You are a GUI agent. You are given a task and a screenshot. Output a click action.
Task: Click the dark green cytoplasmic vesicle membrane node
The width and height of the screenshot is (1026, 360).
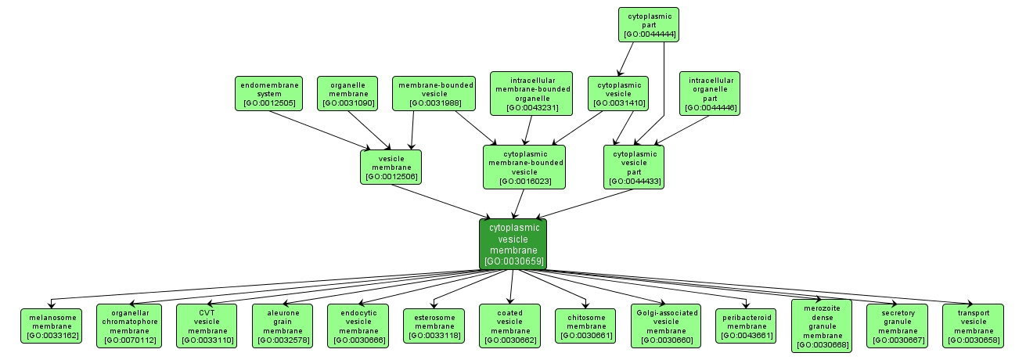click(x=513, y=243)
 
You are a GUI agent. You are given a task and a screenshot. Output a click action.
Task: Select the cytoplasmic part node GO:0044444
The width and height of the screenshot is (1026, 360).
click(x=648, y=24)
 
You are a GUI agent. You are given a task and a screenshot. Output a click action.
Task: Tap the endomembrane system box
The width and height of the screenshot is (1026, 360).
click(x=269, y=93)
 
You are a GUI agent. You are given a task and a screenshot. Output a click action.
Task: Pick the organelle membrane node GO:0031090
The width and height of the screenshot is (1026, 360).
click(x=347, y=93)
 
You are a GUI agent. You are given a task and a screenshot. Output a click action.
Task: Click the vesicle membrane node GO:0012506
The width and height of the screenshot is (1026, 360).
click(x=391, y=167)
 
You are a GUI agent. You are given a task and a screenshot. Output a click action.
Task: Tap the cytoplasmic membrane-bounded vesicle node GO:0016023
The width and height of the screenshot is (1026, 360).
click(x=524, y=167)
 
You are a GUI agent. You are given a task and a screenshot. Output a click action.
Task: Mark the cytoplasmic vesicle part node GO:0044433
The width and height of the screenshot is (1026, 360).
click(x=634, y=167)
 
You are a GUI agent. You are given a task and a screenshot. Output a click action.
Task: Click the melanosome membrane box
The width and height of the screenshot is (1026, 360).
click(x=51, y=326)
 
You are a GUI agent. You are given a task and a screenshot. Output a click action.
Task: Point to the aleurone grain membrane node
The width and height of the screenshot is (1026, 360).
click(x=283, y=326)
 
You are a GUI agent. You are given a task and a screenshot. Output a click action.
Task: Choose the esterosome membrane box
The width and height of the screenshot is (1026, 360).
click(x=434, y=326)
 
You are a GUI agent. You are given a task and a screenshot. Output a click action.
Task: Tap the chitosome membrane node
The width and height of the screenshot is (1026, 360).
click(x=586, y=326)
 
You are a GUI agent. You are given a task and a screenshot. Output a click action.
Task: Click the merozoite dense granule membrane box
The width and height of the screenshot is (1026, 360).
click(x=822, y=326)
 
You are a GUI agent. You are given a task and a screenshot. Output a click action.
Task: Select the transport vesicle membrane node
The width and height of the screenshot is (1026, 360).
click(x=974, y=326)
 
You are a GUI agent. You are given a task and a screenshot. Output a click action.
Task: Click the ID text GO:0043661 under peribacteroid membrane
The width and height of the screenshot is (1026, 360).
click(x=746, y=336)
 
